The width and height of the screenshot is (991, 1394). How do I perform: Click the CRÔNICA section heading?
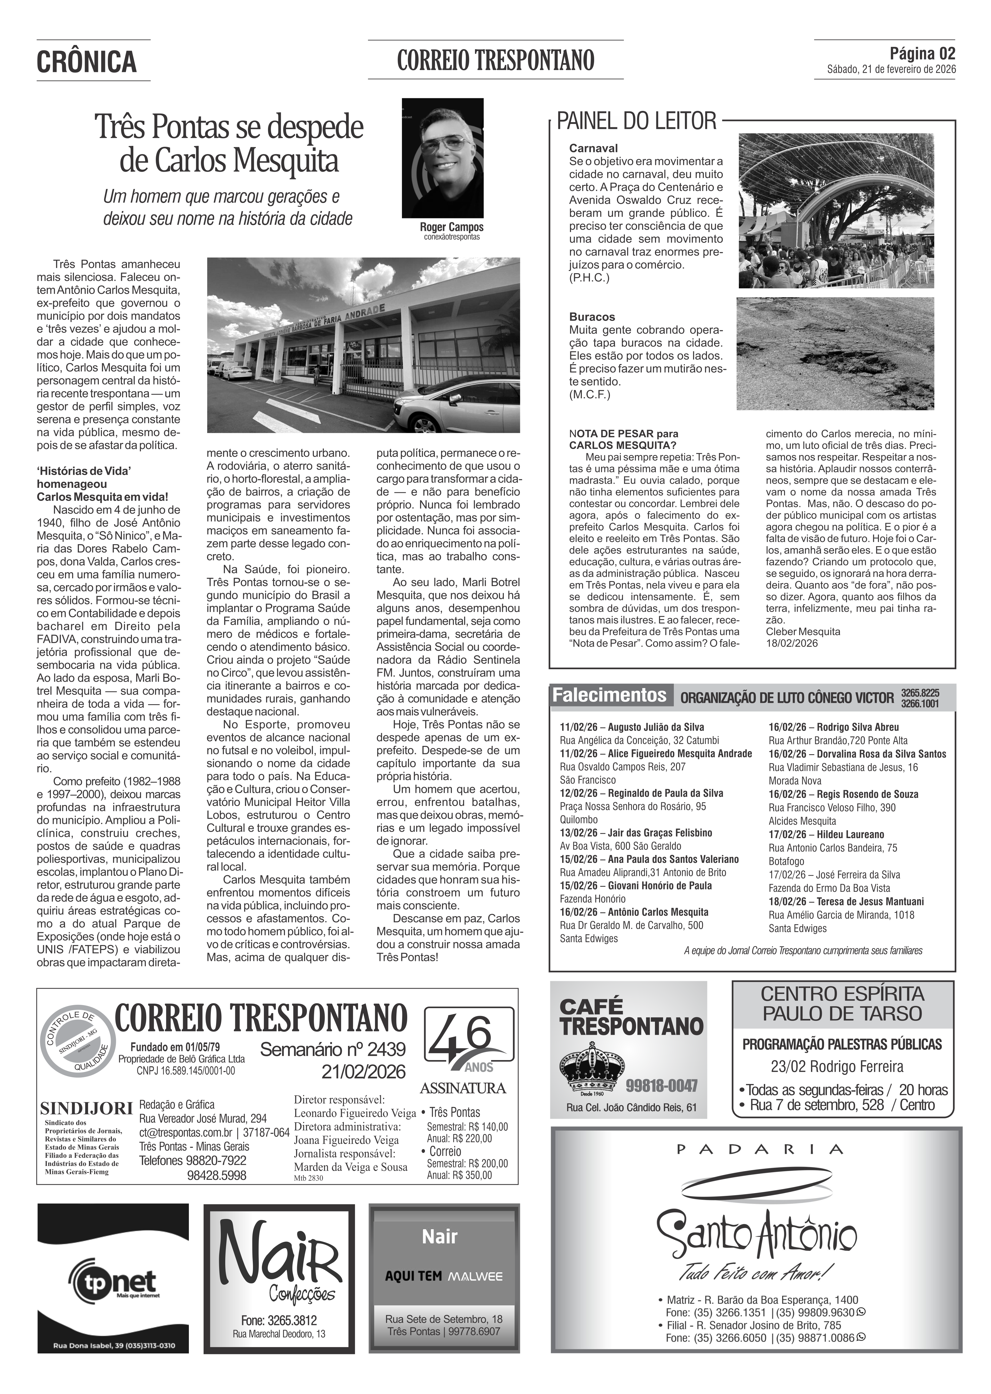click(x=87, y=62)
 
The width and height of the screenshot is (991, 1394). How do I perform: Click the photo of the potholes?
click(x=835, y=353)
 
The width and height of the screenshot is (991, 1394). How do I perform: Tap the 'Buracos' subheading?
click(x=592, y=317)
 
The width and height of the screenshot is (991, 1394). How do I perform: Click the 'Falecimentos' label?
click(x=609, y=696)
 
